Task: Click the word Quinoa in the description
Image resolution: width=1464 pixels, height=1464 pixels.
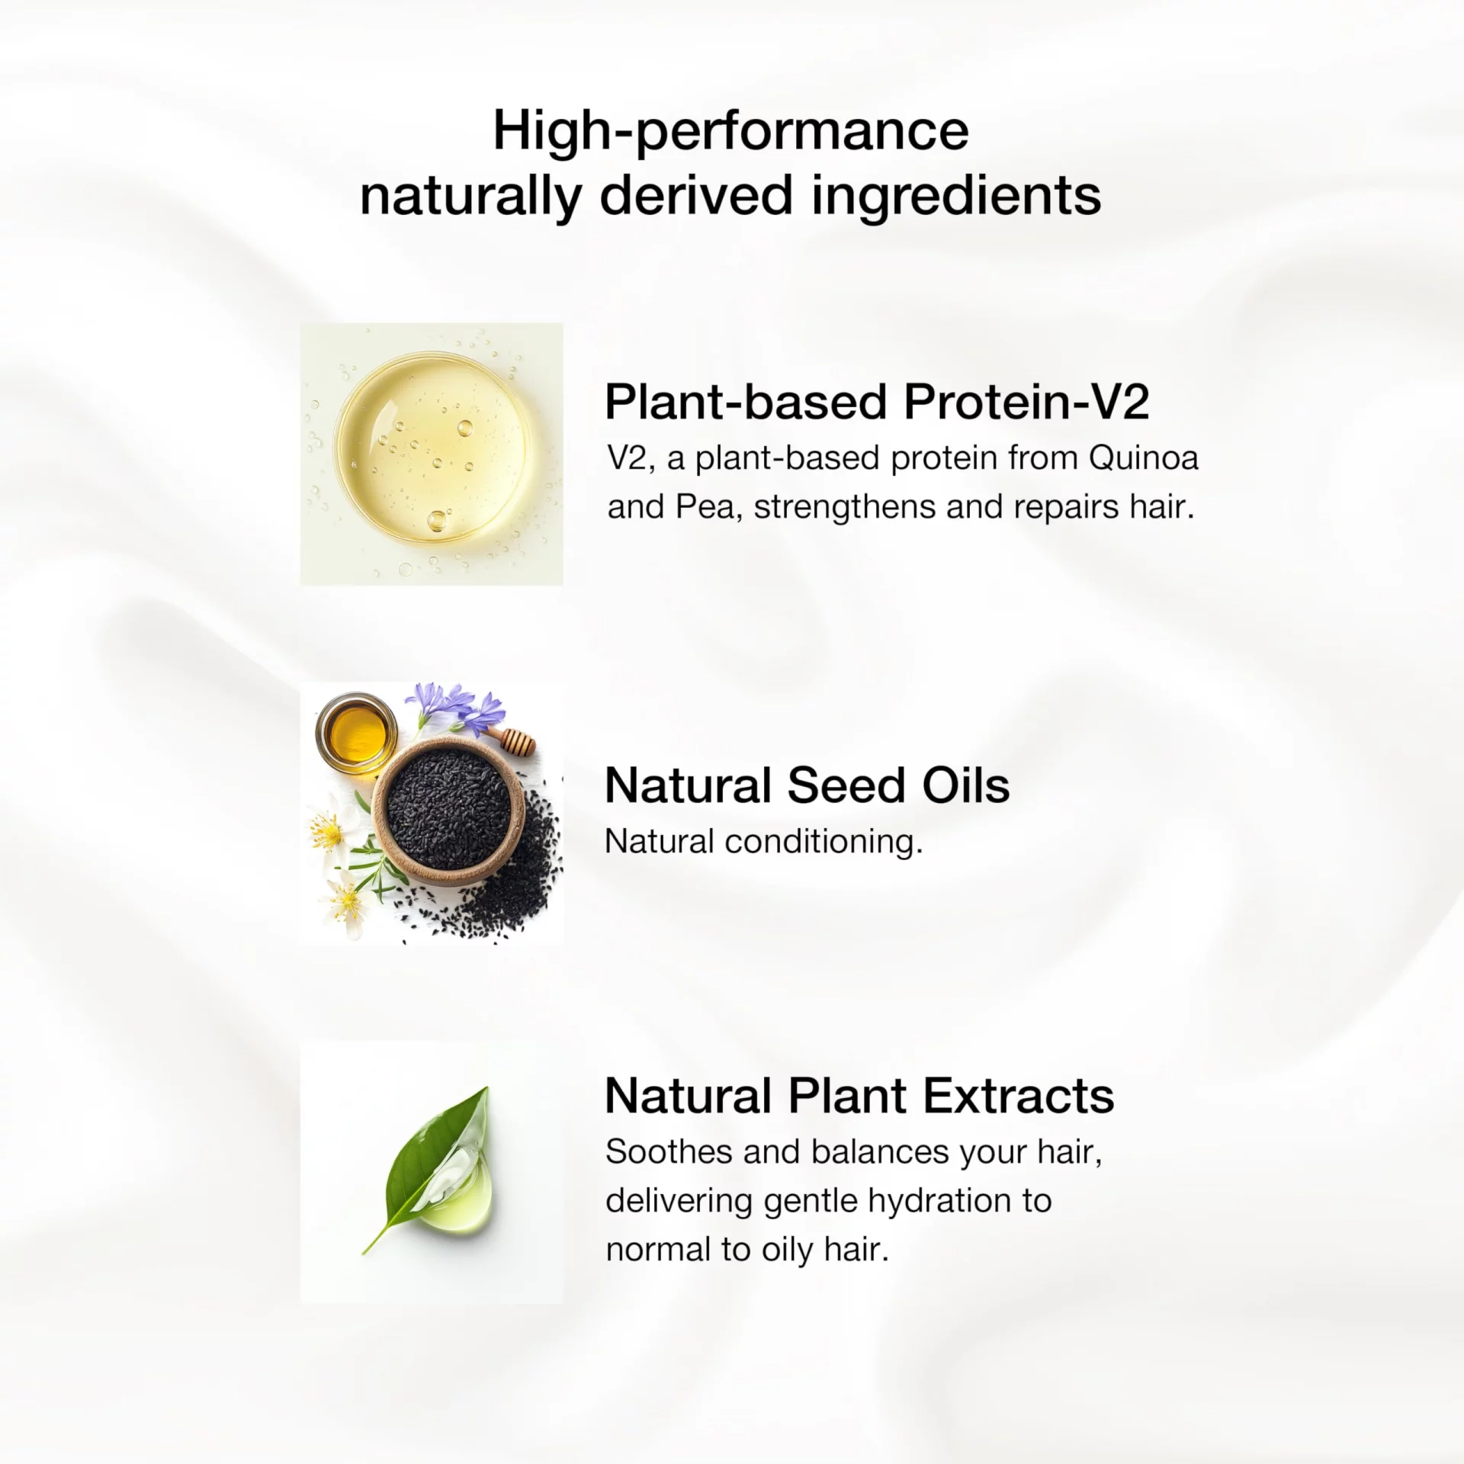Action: tap(1144, 458)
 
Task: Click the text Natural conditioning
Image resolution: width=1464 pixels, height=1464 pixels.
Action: tap(763, 842)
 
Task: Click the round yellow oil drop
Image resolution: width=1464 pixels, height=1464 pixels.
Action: tap(432, 448)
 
